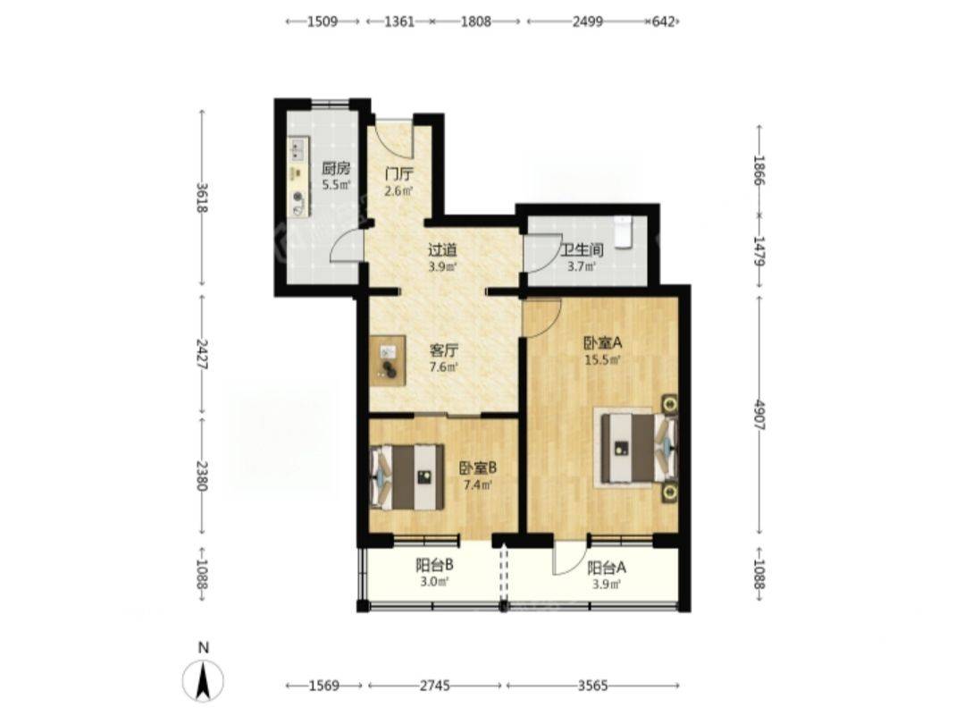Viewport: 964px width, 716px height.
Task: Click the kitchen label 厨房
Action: (336, 168)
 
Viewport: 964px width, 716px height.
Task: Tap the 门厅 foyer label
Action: (398, 175)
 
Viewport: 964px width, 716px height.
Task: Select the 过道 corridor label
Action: (442, 250)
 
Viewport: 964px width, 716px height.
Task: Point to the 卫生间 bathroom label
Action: (582, 250)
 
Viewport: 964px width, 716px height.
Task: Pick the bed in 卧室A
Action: (635, 447)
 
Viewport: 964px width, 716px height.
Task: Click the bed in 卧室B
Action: (407, 476)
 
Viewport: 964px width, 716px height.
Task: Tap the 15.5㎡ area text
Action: (602, 360)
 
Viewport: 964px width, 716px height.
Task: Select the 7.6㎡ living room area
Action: (443, 367)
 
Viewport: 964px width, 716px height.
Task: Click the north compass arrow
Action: (204, 679)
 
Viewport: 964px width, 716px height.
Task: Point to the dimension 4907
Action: (760, 415)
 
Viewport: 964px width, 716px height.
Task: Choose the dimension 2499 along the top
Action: (588, 21)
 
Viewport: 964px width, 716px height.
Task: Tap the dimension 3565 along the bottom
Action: (593, 686)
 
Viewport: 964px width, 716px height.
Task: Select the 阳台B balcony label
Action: (435, 563)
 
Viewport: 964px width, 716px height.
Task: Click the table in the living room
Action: (388, 360)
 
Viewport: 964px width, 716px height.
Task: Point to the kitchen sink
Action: (298, 149)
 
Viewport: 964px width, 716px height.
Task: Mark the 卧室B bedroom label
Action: (478, 468)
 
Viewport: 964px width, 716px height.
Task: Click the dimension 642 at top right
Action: (664, 21)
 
